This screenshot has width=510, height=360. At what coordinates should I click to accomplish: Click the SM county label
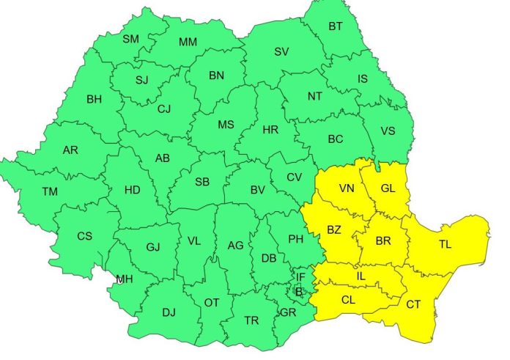coord(130,39)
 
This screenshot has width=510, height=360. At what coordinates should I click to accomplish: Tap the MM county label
coord(188,42)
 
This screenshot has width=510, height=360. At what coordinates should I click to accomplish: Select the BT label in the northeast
coord(336,27)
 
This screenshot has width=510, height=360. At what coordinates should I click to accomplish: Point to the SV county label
coord(281,51)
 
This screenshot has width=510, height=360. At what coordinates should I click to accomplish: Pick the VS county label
coord(389,131)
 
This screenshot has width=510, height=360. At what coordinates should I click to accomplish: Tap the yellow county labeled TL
coord(446,244)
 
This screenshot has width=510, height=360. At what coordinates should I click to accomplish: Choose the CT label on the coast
coord(413,304)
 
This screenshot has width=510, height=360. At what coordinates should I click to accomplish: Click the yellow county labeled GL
coord(388,188)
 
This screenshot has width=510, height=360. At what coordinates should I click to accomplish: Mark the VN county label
coord(347,188)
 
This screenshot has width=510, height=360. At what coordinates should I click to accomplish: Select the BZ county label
coord(334,230)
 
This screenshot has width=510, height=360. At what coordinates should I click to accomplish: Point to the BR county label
coord(382,241)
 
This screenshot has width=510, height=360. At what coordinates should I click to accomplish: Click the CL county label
coord(349,299)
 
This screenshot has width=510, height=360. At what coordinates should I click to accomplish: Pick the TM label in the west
coord(50,191)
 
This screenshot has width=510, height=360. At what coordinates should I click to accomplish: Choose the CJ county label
coord(165,109)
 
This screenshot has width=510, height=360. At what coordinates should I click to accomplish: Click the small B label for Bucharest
coord(298,291)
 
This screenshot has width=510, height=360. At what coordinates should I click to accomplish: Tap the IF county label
coord(300,277)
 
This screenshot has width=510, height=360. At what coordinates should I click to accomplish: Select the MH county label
coord(125,279)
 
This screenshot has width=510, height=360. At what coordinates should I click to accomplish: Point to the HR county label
coord(270,130)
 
